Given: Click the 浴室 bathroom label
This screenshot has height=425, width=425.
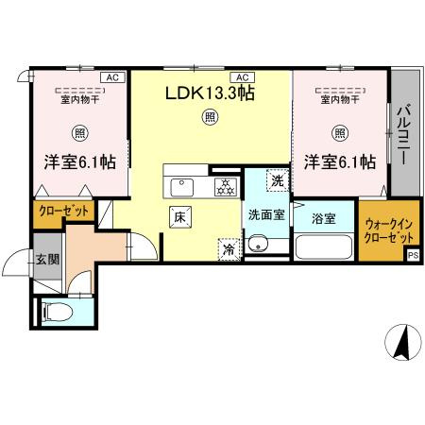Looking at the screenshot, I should [324, 219].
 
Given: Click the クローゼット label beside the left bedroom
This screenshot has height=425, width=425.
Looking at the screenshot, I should [63, 212].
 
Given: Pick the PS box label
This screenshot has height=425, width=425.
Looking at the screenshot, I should [413, 255].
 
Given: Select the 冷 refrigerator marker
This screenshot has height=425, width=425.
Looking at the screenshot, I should [229, 249].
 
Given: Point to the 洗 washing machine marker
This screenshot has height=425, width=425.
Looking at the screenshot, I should [277, 179].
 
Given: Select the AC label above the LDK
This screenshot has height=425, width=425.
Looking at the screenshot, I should [243, 76].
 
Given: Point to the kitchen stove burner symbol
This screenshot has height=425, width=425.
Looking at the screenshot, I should [225, 185].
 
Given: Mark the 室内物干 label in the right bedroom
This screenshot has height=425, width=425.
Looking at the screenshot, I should [337, 98].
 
